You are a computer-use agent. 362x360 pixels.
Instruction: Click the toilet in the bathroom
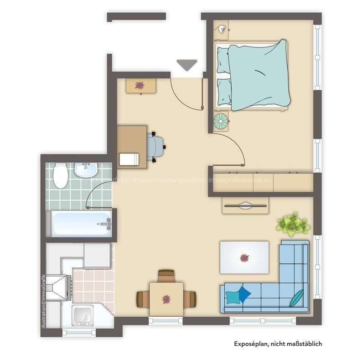[x=60, y=176]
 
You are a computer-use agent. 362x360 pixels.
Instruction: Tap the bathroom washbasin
[x=85, y=170]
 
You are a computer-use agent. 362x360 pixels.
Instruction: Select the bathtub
[x=81, y=224]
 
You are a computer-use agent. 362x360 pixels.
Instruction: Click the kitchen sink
[x=83, y=315]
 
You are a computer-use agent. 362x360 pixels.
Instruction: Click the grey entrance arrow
[x=186, y=65]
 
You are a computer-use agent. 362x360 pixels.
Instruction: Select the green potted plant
[x=293, y=223]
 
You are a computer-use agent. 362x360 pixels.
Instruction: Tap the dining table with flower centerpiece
[x=166, y=298]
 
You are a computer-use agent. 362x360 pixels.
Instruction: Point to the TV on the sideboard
[x=245, y=206]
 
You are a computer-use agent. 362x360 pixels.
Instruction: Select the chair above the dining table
[x=166, y=276]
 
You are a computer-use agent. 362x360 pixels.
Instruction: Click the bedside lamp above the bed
[x=222, y=30]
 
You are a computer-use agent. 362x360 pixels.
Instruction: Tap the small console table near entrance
[x=140, y=86]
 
